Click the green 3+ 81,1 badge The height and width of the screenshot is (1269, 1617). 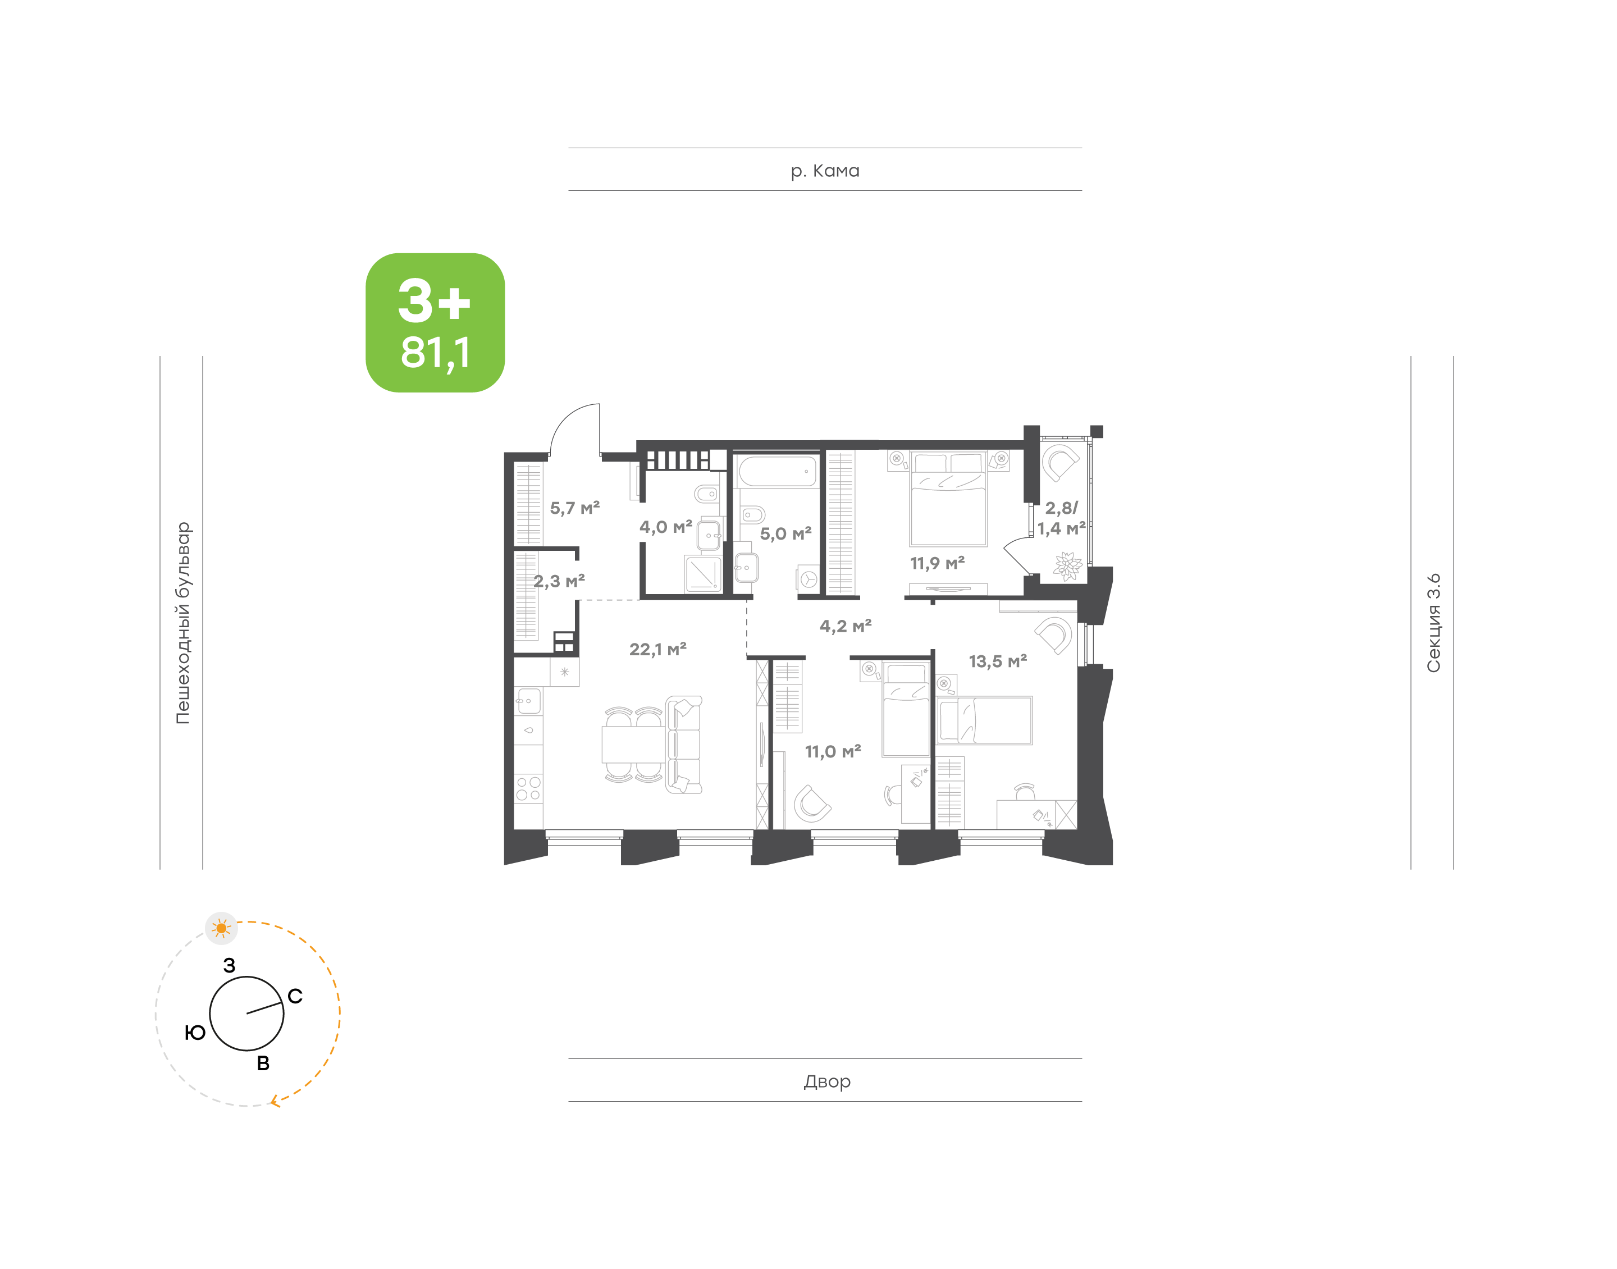pos(435,322)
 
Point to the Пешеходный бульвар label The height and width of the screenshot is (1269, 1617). pos(182,623)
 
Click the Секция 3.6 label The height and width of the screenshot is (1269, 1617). pos(1433,623)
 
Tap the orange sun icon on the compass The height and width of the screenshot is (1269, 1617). pos(221,928)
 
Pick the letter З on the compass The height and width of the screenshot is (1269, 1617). pos(230,965)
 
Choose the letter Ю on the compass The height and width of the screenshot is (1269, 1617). pos(195,1032)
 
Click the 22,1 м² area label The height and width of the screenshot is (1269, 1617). pos(657,649)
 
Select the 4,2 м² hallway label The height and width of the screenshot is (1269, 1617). pos(845,626)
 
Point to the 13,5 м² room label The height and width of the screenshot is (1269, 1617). pos(998,661)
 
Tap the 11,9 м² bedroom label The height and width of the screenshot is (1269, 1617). pos(938,563)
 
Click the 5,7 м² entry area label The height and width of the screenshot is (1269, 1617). pos(574,508)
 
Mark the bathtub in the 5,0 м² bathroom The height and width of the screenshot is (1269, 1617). pos(777,472)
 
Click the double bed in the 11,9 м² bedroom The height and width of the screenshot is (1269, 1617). pos(948,499)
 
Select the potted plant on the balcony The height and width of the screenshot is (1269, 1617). pos(1067,565)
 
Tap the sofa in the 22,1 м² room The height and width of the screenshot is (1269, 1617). pos(683,745)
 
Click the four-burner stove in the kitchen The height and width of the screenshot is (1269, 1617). pos(528,788)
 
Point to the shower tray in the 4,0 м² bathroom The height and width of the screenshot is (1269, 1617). pos(702,574)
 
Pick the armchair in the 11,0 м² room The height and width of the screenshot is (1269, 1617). pos(811,803)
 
